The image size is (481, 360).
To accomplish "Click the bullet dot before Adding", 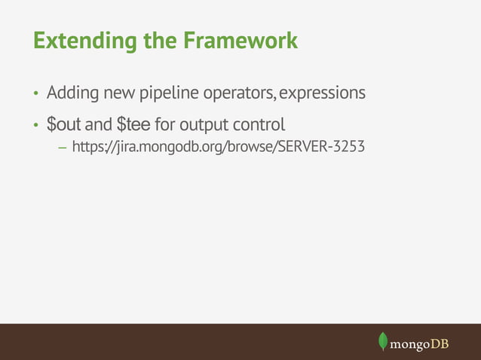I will click(x=34, y=95).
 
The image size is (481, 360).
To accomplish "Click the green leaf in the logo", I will click(x=383, y=341).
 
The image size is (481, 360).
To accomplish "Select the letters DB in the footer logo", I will click(x=440, y=343).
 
